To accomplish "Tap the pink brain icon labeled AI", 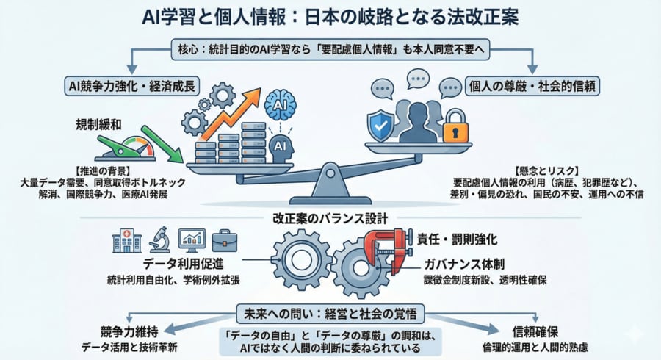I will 280,104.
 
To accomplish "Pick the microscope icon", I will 159,240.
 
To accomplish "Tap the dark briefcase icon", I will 224,240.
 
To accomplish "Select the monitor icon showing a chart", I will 192,240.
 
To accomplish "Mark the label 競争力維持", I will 129,331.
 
